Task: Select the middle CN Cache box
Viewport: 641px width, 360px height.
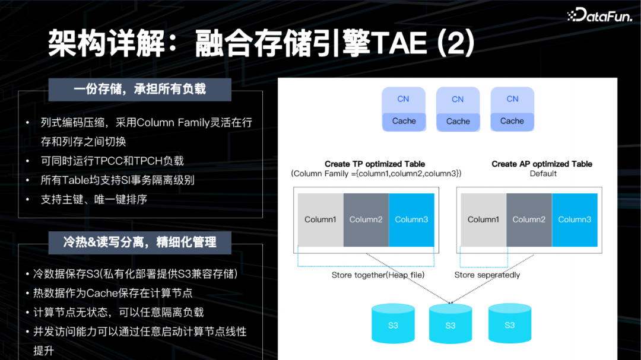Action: pyautogui.click(x=458, y=110)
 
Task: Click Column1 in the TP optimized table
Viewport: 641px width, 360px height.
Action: pyautogui.click(x=320, y=219)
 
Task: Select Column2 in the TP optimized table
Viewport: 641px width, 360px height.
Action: pyautogui.click(x=366, y=219)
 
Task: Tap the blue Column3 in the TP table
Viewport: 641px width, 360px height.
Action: pyautogui.click(x=411, y=219)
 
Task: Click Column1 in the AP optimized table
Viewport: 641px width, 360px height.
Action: pyautogui.click(x=483, y=219)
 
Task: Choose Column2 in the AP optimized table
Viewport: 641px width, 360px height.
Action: pyautogui.click(x=529, y=219)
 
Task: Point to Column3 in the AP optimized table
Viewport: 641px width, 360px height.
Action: pyautogui.click(x=575, y=219)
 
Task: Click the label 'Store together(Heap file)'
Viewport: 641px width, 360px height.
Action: pyautogui.click(x=378, y=275)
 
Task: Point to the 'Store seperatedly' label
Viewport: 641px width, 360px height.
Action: pyautogui.click(x=487, y=275)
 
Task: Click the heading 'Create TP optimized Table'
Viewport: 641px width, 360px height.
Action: pyautogui.click(x=375, y=164)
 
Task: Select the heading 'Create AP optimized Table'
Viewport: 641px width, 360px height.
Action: pyautogui.click(x=542, y=164)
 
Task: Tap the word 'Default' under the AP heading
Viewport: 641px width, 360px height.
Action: pyautogui.click(x=543, y=174)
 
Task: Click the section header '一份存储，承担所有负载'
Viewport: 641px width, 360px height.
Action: pyautogui.click(x=139, y=90)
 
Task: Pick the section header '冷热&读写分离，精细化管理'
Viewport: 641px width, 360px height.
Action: pyautogui.click(x=139, y=242)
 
